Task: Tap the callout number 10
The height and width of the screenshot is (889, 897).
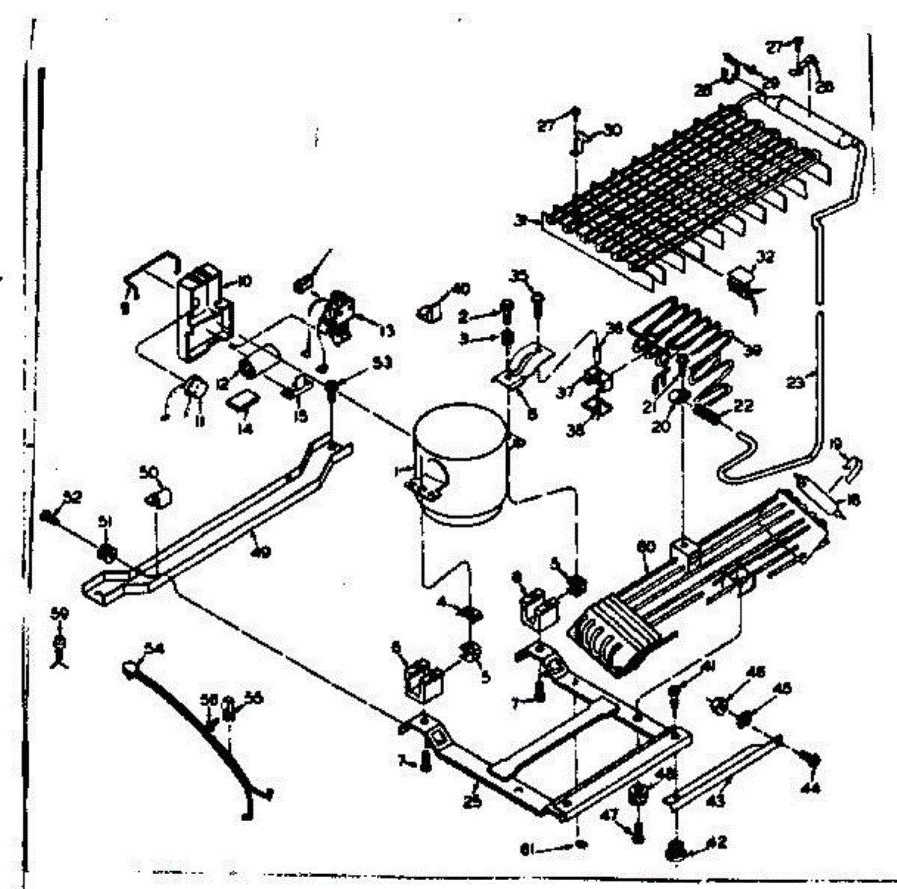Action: tap(244, 282)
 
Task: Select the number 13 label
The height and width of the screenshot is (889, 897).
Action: tap(386, 331)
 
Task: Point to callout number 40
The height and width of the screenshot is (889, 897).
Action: tap(461, 289)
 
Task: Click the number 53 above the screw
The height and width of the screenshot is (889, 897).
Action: tap(383, 364)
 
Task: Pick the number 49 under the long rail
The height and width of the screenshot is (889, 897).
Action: tap(259, 553)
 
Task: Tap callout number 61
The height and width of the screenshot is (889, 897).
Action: tap(528, 848)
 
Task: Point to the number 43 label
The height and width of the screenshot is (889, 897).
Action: tap(715, 802)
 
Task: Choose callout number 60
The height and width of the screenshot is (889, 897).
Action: tap(645, 547)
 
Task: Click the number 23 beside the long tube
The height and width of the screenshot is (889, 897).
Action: tap(795, 382)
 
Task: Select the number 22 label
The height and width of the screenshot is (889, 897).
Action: tap(743, 406)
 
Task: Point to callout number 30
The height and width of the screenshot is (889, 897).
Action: tap(612, 130)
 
